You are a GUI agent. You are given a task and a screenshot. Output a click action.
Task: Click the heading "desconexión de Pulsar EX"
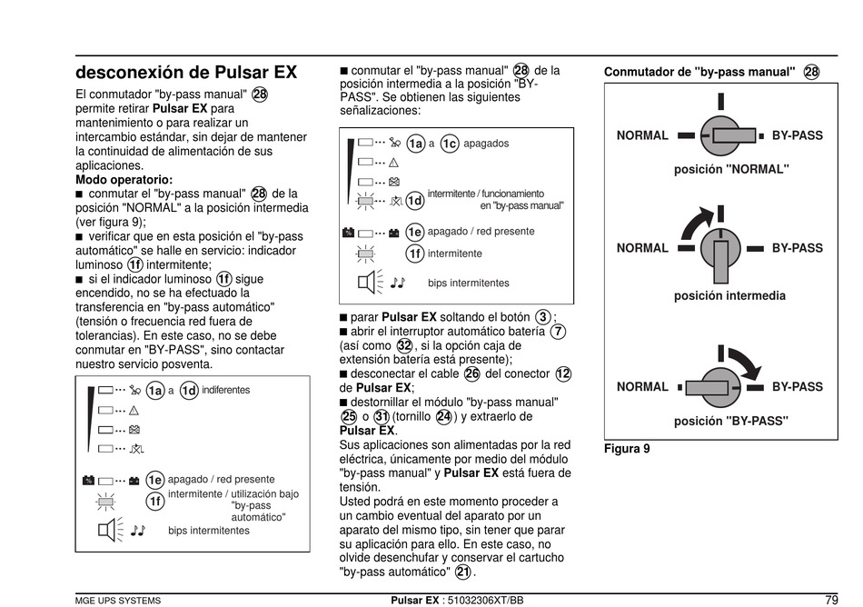[186, 72]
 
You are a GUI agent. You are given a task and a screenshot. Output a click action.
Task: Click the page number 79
[831, 600]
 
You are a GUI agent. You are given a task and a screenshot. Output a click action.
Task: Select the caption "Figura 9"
[627, 449]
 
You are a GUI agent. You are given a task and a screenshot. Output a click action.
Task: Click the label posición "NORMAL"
[731, 169]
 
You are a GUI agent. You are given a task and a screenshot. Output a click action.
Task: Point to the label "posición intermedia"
[729, 295]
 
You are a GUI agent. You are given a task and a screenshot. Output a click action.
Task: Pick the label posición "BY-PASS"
[730, 421]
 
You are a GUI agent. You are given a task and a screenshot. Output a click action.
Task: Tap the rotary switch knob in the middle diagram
[719, 248]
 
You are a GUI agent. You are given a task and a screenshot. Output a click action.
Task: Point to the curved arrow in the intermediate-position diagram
[694, 221]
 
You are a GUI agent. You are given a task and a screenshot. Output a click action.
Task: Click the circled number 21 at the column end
[463, 572]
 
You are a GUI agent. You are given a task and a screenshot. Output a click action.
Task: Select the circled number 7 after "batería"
[558, 332]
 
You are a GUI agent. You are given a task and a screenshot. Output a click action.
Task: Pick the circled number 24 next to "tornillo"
[443, 417]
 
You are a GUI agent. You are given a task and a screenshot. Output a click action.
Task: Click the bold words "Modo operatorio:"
[124, 180]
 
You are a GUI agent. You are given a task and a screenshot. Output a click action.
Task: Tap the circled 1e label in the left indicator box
[155, 480]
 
